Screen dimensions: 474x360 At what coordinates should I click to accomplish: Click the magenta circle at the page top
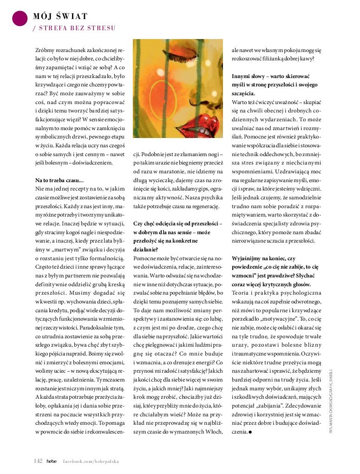coord(20,18)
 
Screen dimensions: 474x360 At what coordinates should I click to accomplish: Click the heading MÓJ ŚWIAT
coord(60,17)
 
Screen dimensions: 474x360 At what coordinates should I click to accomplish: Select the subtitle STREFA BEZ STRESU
coord(76,28)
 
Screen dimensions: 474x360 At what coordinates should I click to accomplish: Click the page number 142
coord(38,461)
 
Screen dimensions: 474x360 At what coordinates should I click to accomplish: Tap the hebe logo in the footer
coord(52,461)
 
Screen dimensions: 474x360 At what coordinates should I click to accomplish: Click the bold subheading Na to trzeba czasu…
coord(59,180)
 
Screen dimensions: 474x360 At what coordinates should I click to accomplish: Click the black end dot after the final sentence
coord(250,432)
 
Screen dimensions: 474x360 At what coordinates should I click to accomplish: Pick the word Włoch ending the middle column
coord(214,432)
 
